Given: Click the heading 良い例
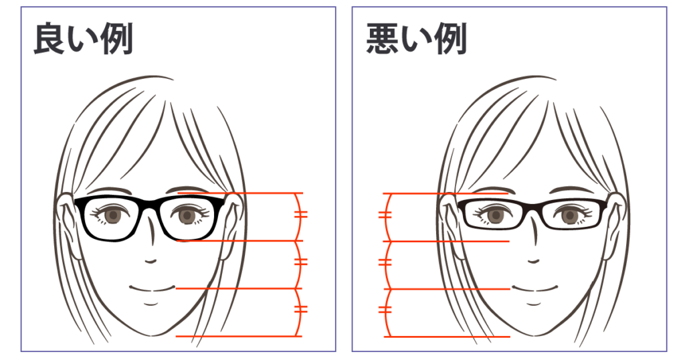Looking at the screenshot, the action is click(83, 39).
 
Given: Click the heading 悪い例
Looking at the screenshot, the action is click(416, 39).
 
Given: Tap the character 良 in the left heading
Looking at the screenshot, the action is click(50, 39).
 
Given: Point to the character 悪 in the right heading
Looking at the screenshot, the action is click(382, 39).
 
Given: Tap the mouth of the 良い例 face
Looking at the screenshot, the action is click(152, 288).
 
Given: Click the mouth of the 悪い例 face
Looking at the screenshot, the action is click(534, 288).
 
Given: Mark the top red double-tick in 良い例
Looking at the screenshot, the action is click(301, 215).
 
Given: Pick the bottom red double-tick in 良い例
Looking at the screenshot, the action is click(301, 309).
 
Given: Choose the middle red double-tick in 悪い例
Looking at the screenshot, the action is click(385, 262).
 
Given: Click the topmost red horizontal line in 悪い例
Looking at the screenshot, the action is click(446, 193).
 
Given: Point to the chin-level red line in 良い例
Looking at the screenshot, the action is click(239, 336).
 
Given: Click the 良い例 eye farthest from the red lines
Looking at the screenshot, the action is click(112, 215).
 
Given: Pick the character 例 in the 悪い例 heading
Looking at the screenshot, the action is click(451, 39).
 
